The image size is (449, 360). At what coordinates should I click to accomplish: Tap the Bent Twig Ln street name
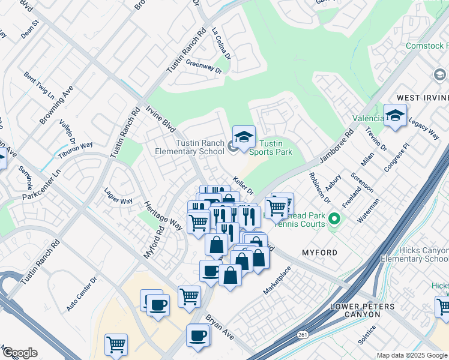click(39, 86)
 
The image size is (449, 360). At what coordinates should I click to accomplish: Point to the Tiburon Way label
click(75, 145)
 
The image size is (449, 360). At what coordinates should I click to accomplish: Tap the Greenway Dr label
click(203, 65)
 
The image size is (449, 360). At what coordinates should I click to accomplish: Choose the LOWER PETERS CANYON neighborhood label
click(372, 311)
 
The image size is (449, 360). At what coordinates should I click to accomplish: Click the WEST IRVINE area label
click(423, 98)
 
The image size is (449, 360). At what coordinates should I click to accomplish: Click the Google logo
click(19, 353)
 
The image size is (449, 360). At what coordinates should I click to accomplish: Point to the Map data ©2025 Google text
click(411, 355)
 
